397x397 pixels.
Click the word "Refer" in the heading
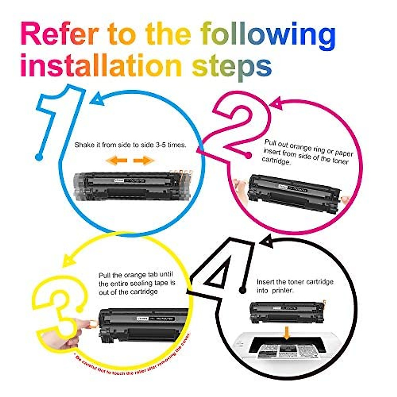pos(60,34)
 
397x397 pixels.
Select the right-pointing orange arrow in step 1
pos(144,160)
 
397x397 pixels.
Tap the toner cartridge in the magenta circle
pos(294,194)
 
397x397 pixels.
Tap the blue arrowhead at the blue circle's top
pos(97,99)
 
